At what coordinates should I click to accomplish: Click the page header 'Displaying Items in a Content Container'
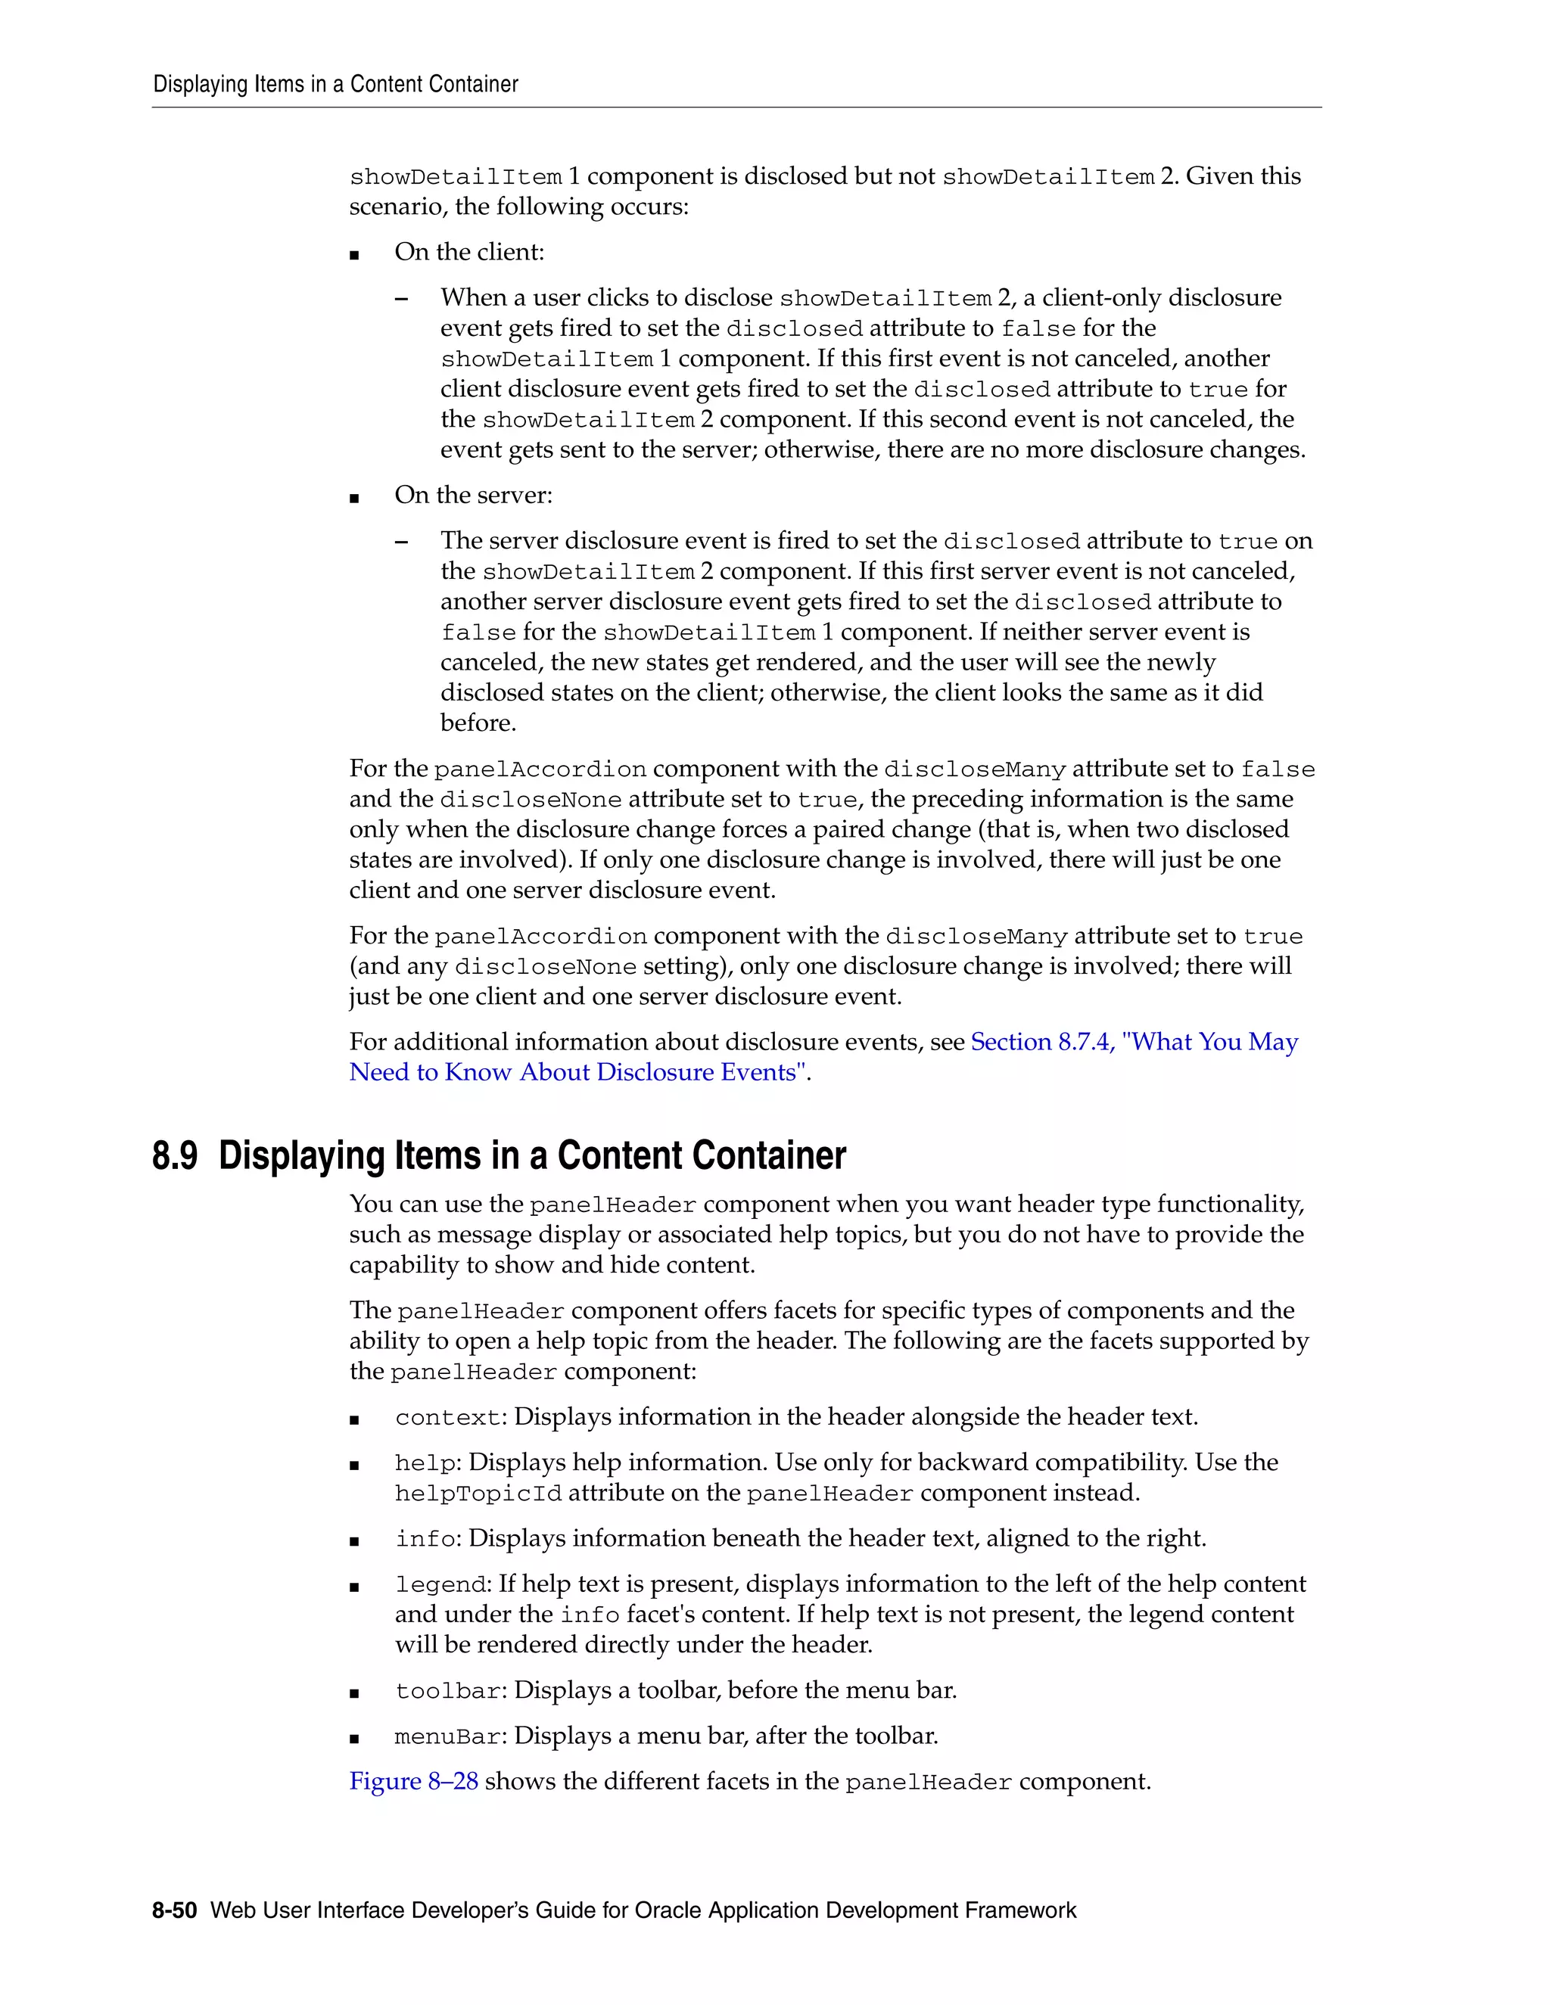click(335, 85)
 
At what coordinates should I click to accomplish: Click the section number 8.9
click(175, 1156)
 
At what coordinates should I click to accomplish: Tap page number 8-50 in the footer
click(175, 1910)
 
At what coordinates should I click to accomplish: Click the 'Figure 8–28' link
click(413, 1781)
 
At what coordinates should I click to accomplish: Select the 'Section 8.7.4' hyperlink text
click(1041, 1042)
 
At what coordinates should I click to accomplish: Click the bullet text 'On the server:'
click(473, 496)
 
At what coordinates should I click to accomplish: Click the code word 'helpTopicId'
click(478, 1494)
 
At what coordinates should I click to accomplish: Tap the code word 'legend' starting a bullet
click(440, 1584)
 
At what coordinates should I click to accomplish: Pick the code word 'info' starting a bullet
click(425, 1539)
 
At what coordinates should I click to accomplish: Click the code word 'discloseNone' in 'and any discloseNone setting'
click(546, 967)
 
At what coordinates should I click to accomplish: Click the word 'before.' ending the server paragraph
click(478, 723)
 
